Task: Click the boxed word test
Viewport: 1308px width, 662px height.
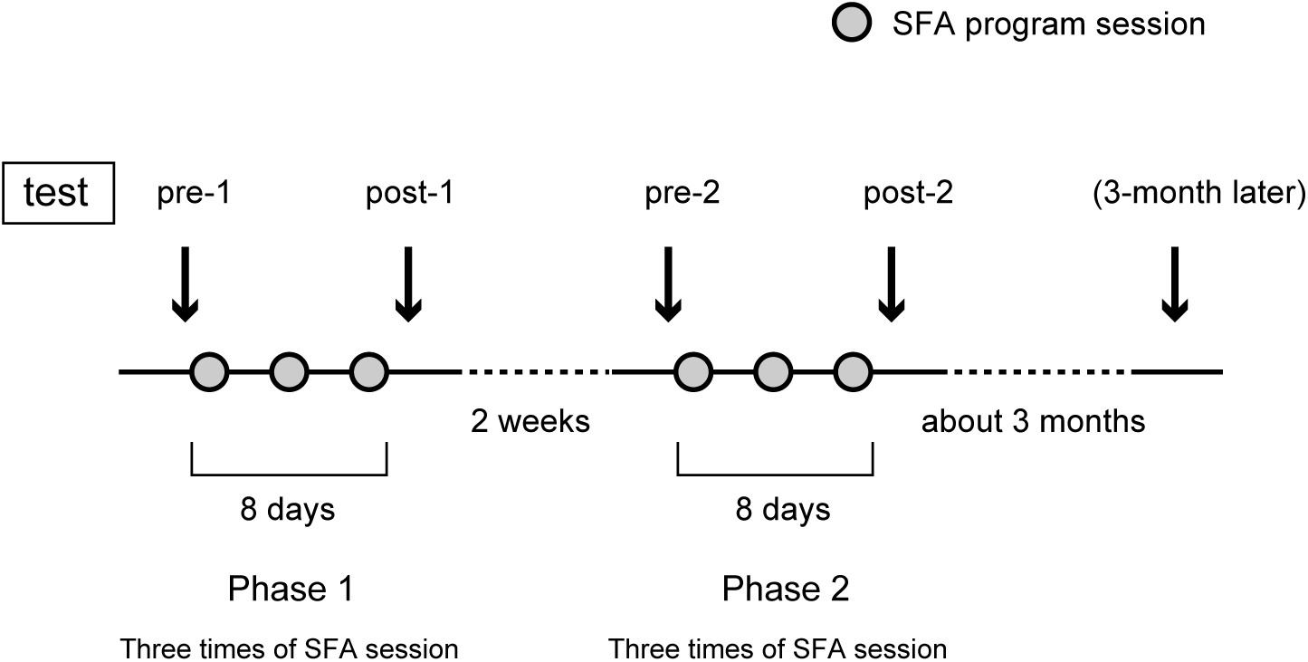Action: click(55, 193)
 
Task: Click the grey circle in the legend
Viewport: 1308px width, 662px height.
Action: click(850, 24)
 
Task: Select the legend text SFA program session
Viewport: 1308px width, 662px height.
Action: click(1048, 24)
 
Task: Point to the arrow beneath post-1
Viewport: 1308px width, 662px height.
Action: click(408, 283)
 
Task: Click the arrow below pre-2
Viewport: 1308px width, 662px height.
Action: click(667, 283)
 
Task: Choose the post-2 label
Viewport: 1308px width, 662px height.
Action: click(907, 193)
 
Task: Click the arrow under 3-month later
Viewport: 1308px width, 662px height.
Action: click(1174, 283)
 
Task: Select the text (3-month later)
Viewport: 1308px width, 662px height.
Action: click(1198, 193)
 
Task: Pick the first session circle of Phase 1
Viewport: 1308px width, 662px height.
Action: click(209, 371)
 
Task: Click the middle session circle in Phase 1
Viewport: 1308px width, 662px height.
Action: click(289, 371)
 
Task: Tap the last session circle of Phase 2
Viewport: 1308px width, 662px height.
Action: click(852, 371)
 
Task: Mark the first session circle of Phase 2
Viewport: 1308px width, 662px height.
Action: click(692, 371)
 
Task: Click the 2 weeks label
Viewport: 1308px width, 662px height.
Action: click(530, 421)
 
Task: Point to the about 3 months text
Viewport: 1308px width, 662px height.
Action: click(1033, 421)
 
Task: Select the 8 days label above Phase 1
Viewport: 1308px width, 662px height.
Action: click(288, 509)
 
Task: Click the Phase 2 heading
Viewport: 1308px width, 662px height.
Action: click(785, 590)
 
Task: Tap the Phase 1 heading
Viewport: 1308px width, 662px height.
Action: click(290, 590)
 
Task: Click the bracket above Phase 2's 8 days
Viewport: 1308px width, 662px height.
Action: click(775, 473)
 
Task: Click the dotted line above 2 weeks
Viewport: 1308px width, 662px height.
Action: click(536, 371)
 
